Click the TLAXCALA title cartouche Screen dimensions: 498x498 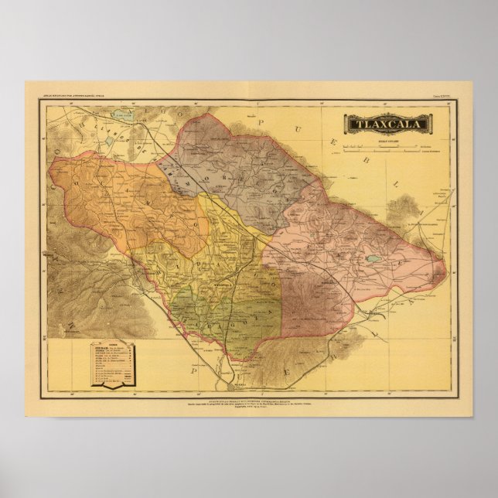(x=385, y=123)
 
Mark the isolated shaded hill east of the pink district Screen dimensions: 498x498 (x=401, y=208)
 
